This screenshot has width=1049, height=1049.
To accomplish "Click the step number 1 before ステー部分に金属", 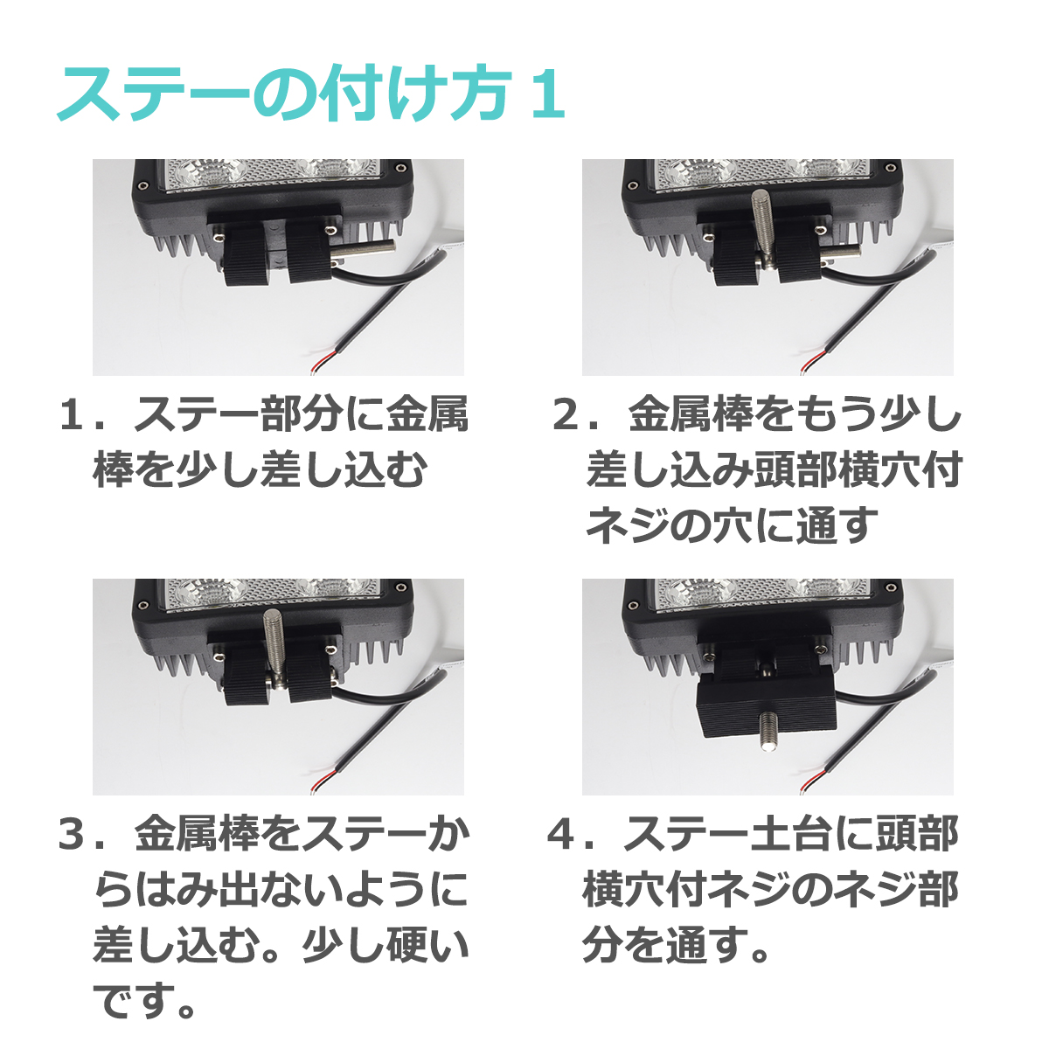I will click(72, 416).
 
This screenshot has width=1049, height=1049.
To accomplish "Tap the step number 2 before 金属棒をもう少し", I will click(568, 416).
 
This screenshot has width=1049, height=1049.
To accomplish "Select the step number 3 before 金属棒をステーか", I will click(72, 836).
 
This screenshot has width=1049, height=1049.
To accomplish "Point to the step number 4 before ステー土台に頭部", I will click(561, 836).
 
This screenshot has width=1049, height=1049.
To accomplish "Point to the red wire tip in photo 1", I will click(323, 357).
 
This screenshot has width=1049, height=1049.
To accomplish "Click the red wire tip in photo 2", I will click(813, 357).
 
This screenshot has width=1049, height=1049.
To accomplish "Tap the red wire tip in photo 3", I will click(323, 776).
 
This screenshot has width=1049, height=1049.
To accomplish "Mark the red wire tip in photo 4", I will click(813, 776).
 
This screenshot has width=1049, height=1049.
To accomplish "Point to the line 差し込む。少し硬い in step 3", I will click(280, 946).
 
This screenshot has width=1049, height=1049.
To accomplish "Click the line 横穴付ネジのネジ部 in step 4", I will click(769, 891).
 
